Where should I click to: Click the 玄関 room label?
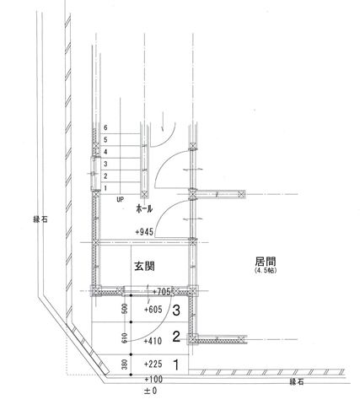coord(144,266)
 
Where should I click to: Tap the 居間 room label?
coord(266,262)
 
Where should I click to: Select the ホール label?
coord(144,208)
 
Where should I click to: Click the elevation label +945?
coord(144,232)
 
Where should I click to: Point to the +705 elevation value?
coord(162,292)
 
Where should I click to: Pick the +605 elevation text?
coord(153,310)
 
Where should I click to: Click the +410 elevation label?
coord(153,341)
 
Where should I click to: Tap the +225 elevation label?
coord(153,364)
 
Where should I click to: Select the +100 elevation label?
coord(153,379)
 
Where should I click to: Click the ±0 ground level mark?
coord(151,391)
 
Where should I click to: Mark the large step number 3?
coord(176,310)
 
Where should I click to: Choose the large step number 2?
coord(176,337)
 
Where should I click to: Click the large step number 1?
coord(176,364)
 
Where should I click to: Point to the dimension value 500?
coord(125,309)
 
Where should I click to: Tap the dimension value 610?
coord(125,337)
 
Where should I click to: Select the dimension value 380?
coord(125,364)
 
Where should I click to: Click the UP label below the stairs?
coord(120,200)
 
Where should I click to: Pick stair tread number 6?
coord(105,127)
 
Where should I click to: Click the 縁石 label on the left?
coord(40,219)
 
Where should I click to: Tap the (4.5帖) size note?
coord(266,271)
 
